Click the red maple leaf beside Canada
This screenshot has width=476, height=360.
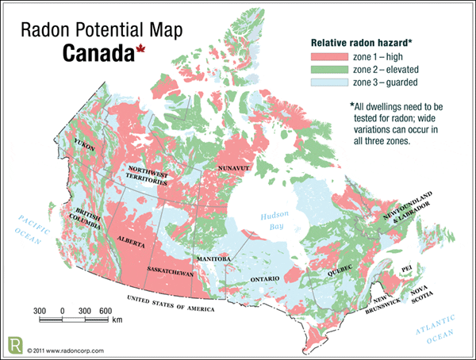[x=140, y=53]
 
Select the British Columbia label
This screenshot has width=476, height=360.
[x=89, y=217]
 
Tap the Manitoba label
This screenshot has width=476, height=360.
[x=213, y=259]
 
